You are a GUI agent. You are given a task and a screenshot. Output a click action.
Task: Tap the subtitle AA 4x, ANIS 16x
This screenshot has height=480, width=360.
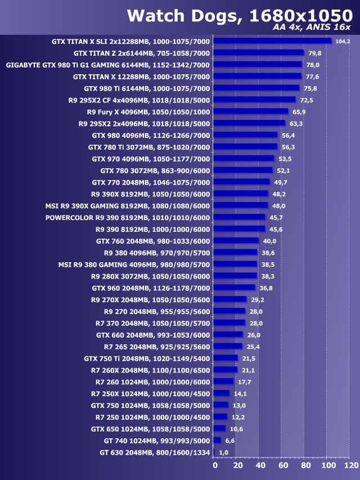(312, 28)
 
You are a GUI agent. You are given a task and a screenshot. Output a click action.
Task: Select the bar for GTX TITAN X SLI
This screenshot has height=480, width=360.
(273, 41)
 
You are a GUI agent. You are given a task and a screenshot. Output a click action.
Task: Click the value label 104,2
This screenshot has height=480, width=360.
(343, 41)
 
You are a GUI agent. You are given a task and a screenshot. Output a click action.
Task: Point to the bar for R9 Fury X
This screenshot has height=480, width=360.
(251, 111)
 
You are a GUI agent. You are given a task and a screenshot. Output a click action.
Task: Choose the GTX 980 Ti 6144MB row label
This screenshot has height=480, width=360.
(147, 88)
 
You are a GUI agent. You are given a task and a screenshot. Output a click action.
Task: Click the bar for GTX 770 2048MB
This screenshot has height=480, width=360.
(242, 182)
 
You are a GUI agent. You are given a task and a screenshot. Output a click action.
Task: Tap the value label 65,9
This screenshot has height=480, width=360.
(299, 111)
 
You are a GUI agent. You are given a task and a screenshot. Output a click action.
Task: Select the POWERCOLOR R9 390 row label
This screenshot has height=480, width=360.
(127, 217)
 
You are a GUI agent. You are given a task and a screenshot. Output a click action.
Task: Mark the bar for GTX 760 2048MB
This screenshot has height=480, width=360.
(237, 241)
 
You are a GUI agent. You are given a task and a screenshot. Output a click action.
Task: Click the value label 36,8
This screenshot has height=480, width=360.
(265, 288)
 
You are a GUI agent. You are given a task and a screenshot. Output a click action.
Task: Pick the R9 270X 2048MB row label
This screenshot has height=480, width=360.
(150, 299)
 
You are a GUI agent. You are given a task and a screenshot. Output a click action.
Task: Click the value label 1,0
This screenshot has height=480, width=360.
(223, 452)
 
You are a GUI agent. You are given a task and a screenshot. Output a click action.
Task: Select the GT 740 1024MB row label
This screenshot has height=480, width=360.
(157, 441)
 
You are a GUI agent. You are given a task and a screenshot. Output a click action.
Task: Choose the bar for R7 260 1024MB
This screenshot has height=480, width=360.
(224, 382)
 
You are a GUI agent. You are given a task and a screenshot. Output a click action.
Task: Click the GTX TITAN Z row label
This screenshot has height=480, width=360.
(141, 53)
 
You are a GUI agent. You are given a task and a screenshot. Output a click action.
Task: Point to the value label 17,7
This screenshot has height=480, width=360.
(244, 382)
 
